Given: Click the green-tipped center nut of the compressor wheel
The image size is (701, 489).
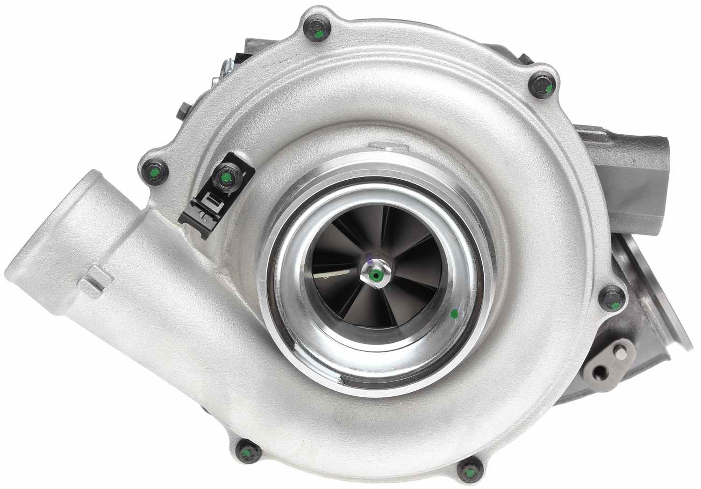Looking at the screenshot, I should (375, 275).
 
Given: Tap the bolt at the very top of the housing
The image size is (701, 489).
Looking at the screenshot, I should (317, 31).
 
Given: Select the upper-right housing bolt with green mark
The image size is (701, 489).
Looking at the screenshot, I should (542, 86).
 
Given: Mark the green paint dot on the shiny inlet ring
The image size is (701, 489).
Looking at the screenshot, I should (453, 314).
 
